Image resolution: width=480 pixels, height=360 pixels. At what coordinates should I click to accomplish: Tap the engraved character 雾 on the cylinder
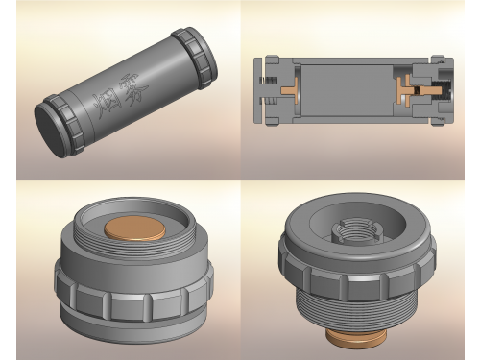[x=133, y=89]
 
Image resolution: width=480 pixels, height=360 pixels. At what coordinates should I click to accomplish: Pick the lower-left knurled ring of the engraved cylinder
[x=64, y=125]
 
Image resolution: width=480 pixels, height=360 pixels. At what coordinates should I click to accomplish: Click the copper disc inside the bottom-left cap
[x=135, y=228]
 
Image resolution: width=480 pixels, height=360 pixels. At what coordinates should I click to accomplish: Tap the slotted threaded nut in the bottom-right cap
[x=357, y=228]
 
